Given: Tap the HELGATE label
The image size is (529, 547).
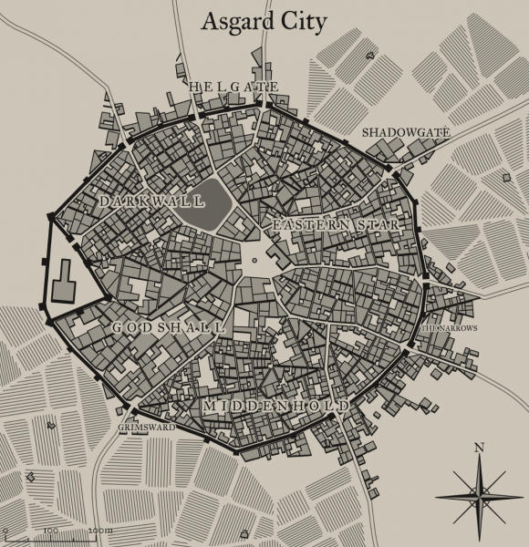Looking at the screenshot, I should pos(233,87).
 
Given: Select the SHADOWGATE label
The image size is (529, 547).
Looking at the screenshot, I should pos(406,133).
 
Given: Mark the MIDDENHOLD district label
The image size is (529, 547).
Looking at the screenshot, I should pos(275,405).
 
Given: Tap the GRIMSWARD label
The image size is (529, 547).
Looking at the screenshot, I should pos(145,425).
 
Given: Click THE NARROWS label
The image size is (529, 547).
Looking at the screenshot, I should pos(448,328).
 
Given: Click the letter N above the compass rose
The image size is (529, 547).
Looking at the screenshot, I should pos(478,447).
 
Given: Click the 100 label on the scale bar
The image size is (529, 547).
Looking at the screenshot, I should pos(50,529).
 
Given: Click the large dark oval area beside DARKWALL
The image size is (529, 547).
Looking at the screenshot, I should pos(210,201).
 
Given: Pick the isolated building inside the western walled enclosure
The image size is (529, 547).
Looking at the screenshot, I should pos(64,281).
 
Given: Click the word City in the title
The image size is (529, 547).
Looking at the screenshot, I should pos(302,23).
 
